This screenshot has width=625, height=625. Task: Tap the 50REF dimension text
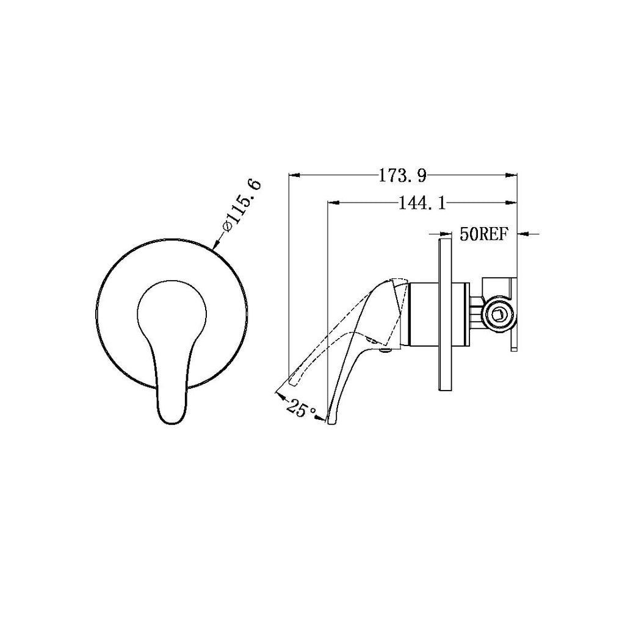484,234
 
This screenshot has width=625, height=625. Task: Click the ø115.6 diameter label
243,204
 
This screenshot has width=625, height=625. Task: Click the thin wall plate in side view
444,315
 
